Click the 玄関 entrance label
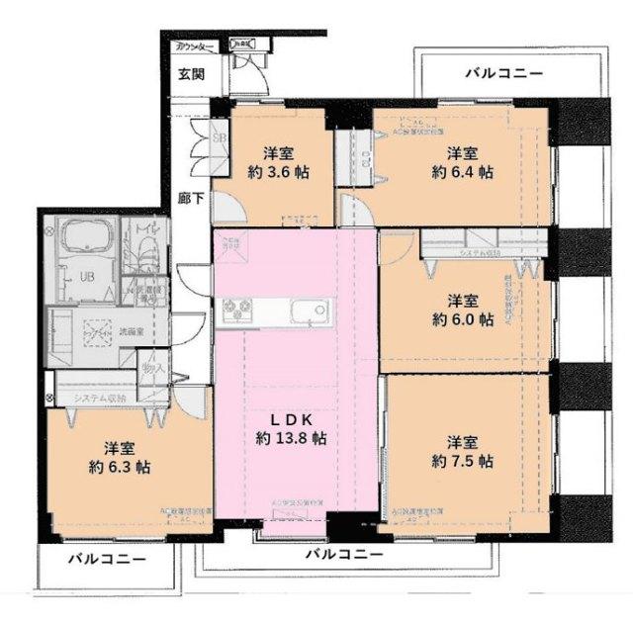pos(191,74)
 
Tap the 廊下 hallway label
pos(192,199)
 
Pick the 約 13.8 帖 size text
pos(290,436)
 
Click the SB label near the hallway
pos(220,137)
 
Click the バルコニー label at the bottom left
pos(106,560)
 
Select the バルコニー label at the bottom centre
pos(342,555)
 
